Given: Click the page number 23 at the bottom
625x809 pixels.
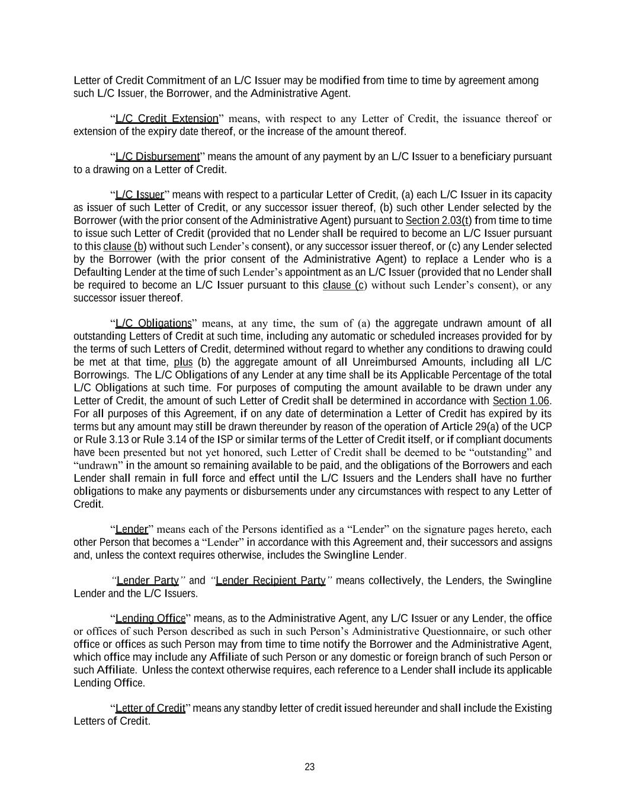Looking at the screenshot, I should pos(309,767).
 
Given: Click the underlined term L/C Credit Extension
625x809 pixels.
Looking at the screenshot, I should pos(166,119).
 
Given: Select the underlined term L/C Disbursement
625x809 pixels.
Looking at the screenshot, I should pos(157,156).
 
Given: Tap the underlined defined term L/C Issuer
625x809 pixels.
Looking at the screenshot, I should pos(139,195).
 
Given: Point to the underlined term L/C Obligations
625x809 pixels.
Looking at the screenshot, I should pos(153,324).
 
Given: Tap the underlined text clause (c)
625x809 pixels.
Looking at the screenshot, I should pos(344,286).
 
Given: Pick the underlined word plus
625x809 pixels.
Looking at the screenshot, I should pos(183,362).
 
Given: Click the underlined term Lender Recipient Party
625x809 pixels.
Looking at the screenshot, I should pos(271,580).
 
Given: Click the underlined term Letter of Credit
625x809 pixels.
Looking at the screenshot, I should pos(150,708).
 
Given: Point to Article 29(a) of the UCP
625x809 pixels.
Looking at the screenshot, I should pos(503,427).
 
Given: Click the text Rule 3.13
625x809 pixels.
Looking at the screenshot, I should pos(103,440).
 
